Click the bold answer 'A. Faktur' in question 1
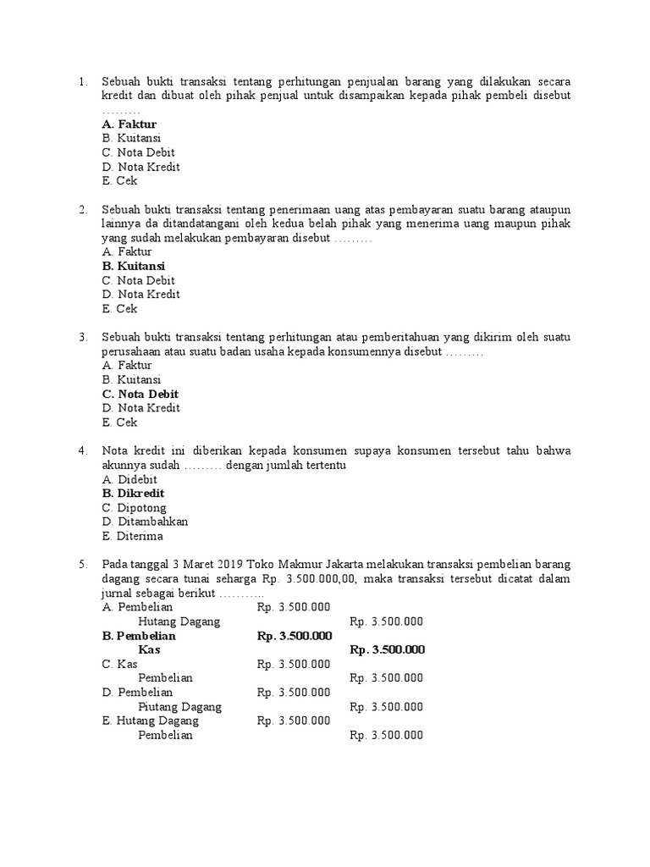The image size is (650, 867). click(129, 124)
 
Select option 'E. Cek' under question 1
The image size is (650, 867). click(119, 181)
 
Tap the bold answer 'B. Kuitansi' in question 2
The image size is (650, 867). click(133, 266)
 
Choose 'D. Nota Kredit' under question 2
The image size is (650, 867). click(140, 295)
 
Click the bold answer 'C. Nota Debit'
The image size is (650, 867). click(140, 394)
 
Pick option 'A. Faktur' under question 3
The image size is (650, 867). click(126, 365)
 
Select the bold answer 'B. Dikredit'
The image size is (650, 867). click(133, 493)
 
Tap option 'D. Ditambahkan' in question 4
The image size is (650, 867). click(144, 522)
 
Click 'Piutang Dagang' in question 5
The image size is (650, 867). click(179, 706)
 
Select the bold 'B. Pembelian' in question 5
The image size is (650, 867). click(138, 635)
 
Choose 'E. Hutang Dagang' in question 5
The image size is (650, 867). click(150, 721)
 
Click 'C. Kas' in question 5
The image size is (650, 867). click(119, 664)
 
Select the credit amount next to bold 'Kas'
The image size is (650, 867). click(387, 649)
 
